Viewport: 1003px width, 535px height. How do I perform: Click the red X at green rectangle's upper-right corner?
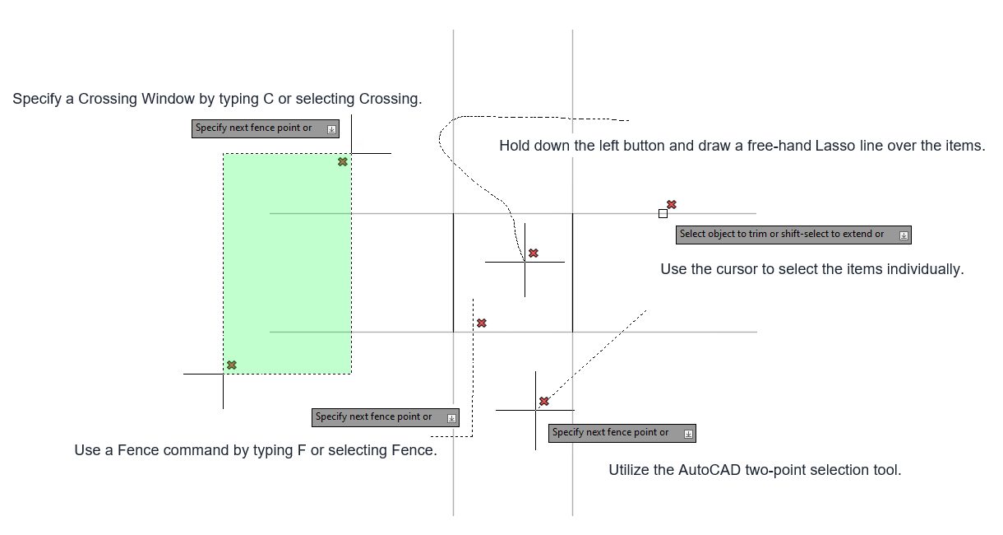click(x=343, y=161)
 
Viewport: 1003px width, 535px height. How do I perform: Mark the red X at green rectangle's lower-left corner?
click(x=232, y=365)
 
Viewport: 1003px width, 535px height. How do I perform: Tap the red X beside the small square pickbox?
click(x=672, y=204)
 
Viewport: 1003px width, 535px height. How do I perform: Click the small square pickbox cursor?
click(x=663, y=214)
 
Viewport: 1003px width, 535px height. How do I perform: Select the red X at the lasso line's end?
click(x=534, y=253)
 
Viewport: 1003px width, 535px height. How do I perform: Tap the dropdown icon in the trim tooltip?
click(x=904, y=235)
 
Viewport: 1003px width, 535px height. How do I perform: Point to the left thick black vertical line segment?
click(x=454, y=272)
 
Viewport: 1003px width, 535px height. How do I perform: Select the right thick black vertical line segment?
click(x=572, y=272)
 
